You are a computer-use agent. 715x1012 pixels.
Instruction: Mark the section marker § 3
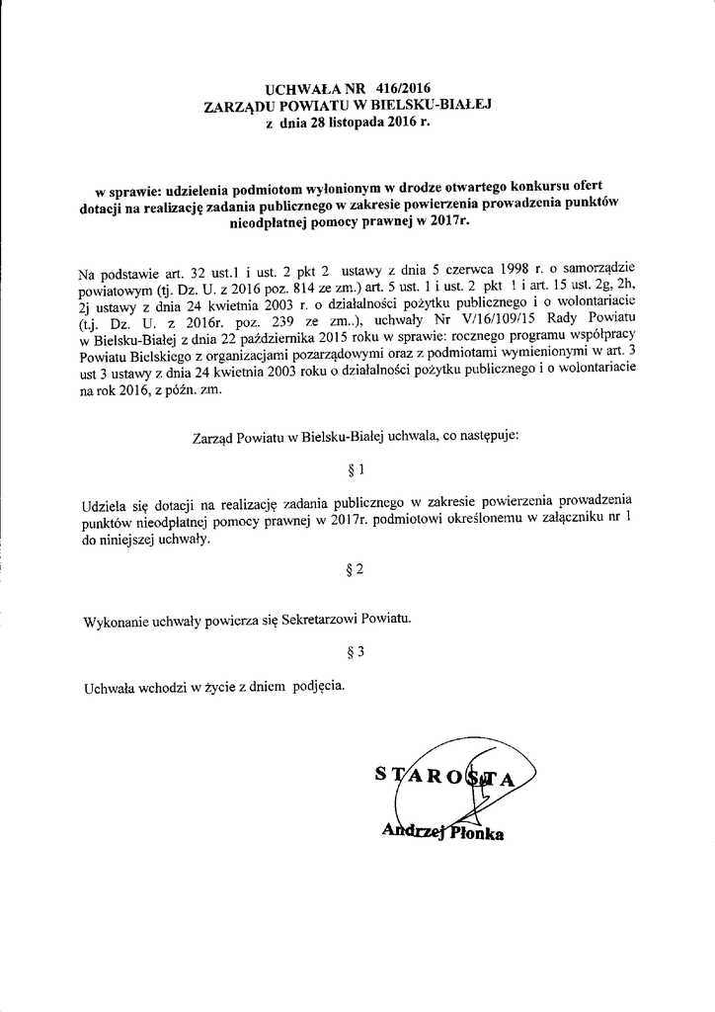click(357, 651)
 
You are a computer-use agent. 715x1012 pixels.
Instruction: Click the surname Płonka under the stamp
click(477, 833)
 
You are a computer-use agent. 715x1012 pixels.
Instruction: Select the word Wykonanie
click(115, 620)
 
